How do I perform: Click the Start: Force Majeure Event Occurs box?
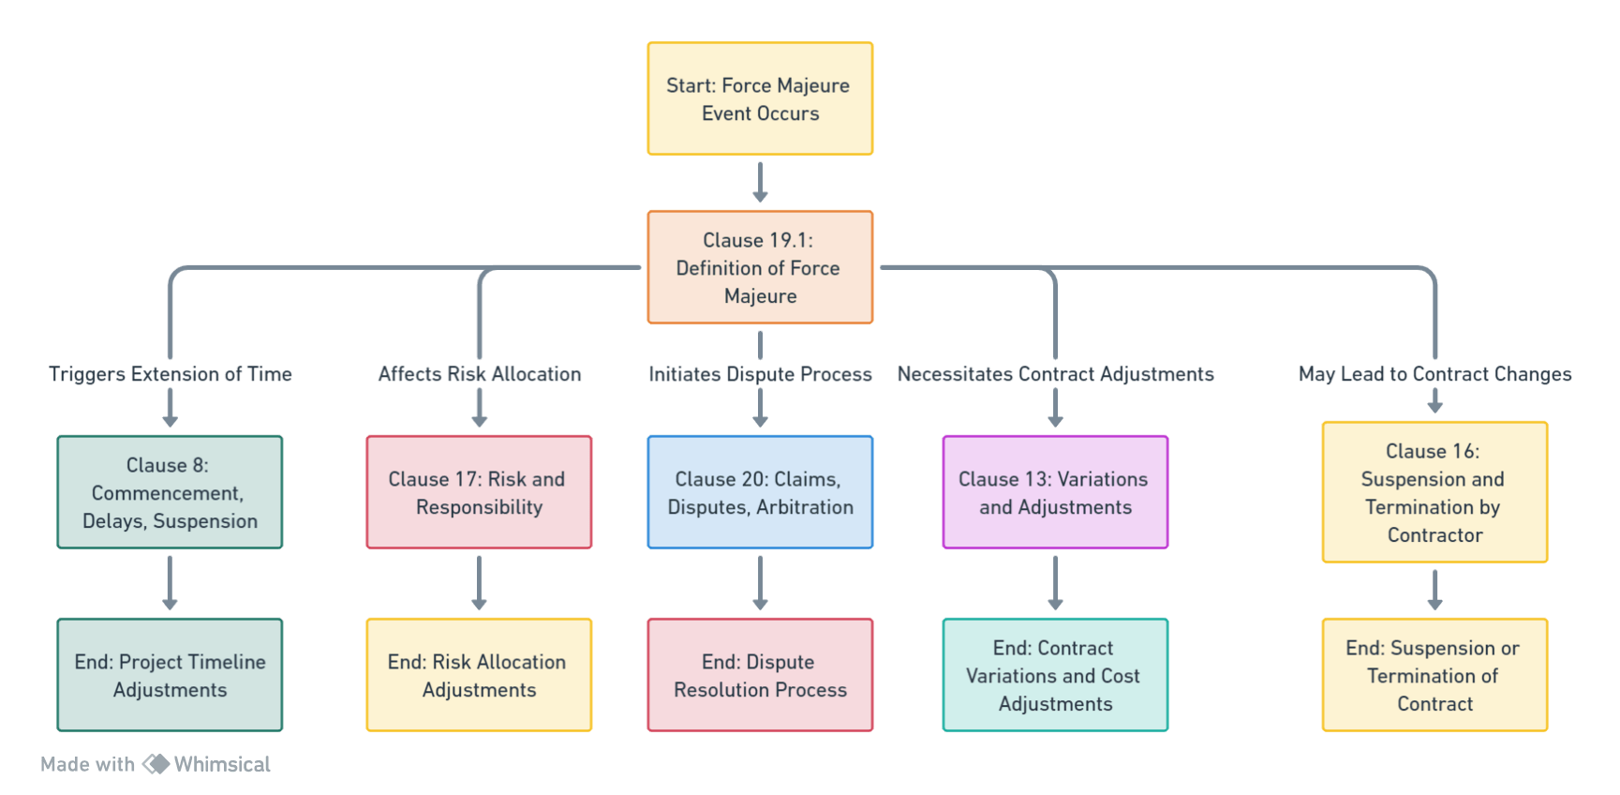point(760,98)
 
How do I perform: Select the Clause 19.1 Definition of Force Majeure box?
point(760,267)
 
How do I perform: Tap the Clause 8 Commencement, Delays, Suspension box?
point(170,492)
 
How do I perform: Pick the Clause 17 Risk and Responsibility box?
point(479,492)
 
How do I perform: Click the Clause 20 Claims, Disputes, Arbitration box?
point(760,492)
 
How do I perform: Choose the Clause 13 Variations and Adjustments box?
point(1055,492)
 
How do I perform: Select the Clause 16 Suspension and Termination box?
point(1434,492)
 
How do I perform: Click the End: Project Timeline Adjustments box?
point(170,675)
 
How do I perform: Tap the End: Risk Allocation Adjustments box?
point(479,675)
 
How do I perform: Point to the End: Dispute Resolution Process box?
point(760,675)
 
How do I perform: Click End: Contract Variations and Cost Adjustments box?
point(1055,675)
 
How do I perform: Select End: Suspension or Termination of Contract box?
point(1434,675)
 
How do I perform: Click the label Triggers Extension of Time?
point(170,374)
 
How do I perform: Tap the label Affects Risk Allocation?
point(479,374)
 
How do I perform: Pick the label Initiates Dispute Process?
point(760,374)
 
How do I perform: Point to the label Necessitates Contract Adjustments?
point(1055,374)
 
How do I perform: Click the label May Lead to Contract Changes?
point(1434,374)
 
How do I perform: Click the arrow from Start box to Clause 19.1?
point(760,182)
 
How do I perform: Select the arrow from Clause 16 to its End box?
point(1434,590)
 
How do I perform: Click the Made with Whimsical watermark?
point(156,764)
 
